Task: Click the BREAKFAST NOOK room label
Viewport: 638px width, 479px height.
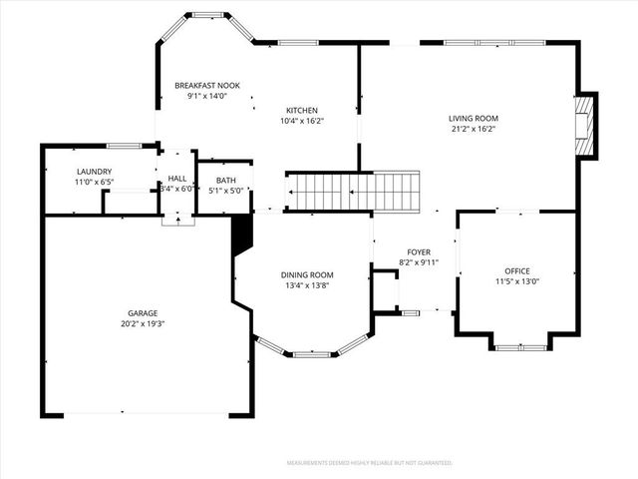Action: (x=207, y=86)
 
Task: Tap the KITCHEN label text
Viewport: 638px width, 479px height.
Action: (x=302, y=110)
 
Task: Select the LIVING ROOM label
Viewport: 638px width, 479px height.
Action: (x=473, y=118)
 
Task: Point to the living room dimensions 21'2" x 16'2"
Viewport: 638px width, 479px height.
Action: (x=473, y=129)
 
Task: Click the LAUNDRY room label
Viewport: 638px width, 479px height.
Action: (x=94, y=172)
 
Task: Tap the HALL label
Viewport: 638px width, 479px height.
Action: (x=177, y=178)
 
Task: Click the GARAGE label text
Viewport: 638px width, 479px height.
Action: (x=142, y=312)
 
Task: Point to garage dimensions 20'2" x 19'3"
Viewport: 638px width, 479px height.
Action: (x=142, y=324)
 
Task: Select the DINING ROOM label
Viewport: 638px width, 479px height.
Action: (x=307, y=274)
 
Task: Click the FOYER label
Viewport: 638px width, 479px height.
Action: (x=419, y=251)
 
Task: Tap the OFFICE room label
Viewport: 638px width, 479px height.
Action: (x=516, y=270)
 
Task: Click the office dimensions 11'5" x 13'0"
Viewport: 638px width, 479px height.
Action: (x=516, y=281)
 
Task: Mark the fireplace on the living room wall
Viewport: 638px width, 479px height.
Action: (x=588, y=126)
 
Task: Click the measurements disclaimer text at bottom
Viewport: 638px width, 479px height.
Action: (x=369, y=463)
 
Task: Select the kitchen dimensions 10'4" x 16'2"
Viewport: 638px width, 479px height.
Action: (x=302, y=121)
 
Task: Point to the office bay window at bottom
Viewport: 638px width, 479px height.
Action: (x=520, y=347)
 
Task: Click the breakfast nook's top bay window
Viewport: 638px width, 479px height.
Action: (x=208, y=15)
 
